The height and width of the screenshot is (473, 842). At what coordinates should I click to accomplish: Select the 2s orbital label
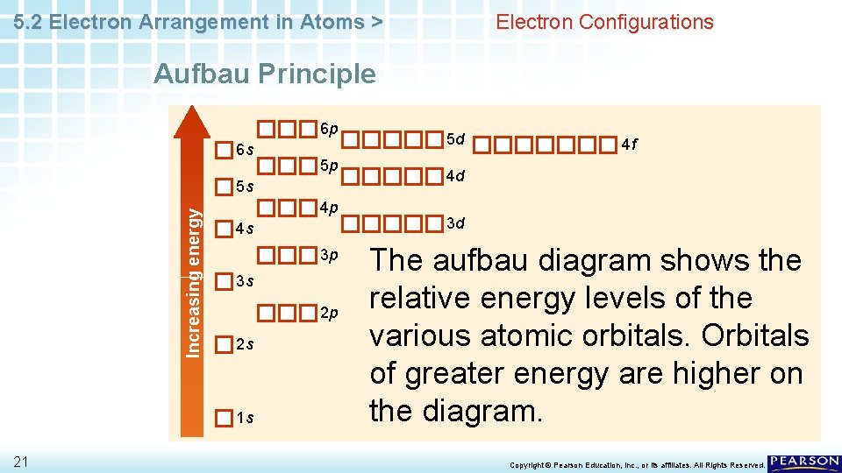tap(246, 343)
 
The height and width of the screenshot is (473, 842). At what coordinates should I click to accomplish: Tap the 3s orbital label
tap(246, 281)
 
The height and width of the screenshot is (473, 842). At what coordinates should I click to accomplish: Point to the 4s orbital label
tap(246, 229)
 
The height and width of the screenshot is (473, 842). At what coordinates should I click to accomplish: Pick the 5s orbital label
tap(246, 187)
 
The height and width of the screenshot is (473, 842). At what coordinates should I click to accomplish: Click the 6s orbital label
tap(246, 150)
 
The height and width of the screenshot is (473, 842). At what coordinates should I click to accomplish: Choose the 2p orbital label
tap(328, 313)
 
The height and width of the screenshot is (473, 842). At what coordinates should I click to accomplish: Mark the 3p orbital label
tap(328, 255)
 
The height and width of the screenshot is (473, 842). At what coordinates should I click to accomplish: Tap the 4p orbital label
tap(328, 208)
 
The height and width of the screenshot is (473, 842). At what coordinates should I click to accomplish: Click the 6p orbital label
tap(328, 130)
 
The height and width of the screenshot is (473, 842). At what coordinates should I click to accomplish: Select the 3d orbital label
tap(456, 224)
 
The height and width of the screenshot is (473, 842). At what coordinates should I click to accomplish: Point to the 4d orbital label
tap(456, 176)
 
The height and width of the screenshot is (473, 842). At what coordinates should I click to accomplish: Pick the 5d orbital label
tap(456, 138)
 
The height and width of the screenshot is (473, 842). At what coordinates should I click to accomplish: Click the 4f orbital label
tap(629, 144)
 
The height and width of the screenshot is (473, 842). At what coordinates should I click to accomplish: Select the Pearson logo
tap(804, 462)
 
